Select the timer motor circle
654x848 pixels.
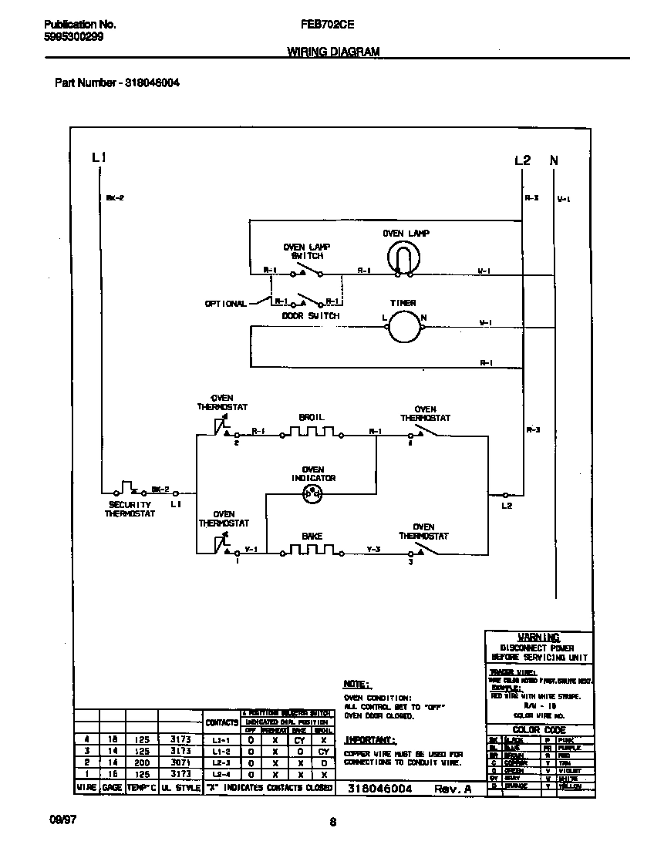401,327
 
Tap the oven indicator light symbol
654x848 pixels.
313,497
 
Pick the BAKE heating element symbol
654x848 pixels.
312,550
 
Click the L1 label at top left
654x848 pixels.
99,157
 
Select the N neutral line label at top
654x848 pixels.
554,160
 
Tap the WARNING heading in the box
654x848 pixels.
538,638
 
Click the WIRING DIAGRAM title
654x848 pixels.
333,52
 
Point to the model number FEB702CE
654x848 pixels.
327,24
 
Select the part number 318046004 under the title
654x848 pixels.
152,82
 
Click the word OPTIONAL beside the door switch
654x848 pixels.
225,304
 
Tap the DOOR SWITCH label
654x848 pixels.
310,316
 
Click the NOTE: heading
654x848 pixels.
357,684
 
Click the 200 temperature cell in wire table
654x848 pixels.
142,761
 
